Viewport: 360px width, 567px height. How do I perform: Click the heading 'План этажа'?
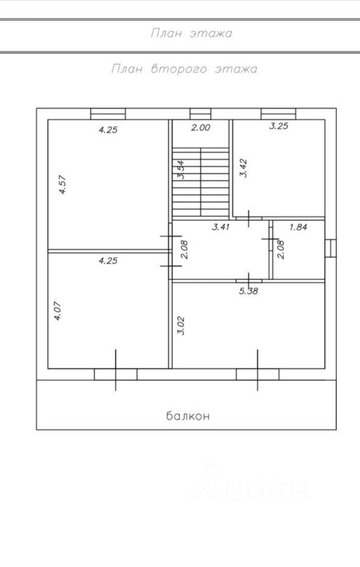192,34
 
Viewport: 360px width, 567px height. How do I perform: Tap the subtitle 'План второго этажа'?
184,69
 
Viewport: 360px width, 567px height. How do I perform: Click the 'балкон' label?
187,416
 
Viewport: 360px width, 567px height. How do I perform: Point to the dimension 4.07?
57,311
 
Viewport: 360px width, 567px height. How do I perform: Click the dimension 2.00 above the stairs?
200,126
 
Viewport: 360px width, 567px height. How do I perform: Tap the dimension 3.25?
279,126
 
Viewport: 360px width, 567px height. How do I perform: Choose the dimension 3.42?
242,168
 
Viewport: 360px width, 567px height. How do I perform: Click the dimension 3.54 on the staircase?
181,170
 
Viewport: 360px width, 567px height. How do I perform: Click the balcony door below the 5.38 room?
257,374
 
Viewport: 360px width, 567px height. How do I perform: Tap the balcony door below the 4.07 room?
115,374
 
